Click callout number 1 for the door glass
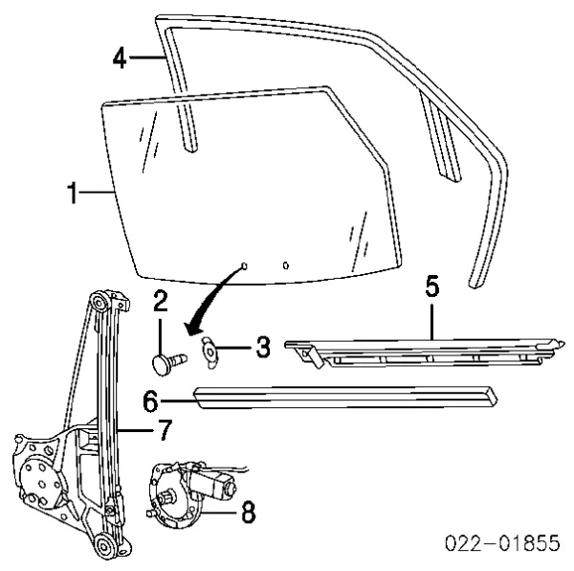tap(74, 193)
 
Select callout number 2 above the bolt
tap(161, 301)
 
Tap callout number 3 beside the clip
tap(263, 347)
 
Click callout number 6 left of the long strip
tap(151, 401)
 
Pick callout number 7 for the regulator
tap(164, 430)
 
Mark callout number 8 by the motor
tap(248, 513)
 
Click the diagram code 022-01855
tap(503, 543)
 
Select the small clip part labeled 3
tap(209, 352)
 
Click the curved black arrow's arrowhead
tap(192, 328)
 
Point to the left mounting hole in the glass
tap(244, 265)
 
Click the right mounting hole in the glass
tap(286, 265)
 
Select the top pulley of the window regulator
tap(99, 303)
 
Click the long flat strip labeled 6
tap(345, 397)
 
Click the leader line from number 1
tap(97, 192)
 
